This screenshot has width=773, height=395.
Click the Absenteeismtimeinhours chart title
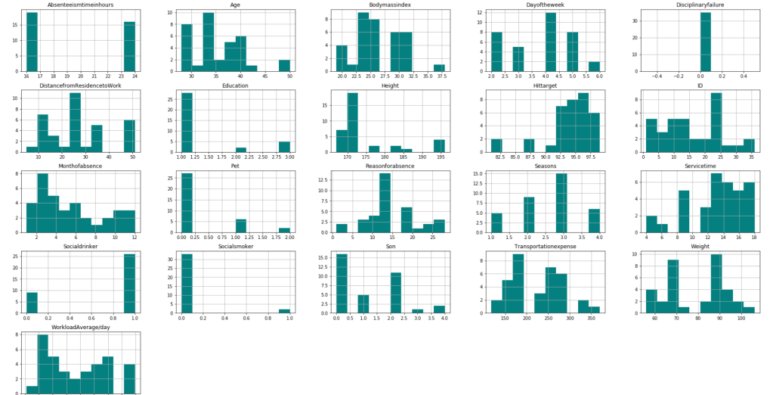point(80,5)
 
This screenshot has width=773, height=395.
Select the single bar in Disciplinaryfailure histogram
point(704,42)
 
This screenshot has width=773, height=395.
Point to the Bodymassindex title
point(390,5)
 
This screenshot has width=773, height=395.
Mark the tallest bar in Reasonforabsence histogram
point(385,204)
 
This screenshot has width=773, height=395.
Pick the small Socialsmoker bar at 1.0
point(284,310)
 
